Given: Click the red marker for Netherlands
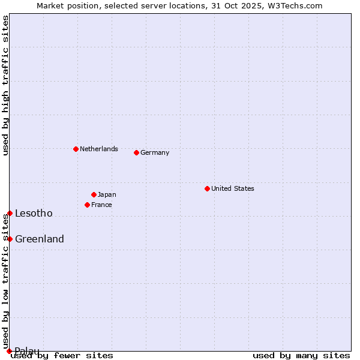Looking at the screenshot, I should click(76, 149).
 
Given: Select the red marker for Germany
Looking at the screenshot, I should click(136, 152).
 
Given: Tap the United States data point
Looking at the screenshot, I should click(207, 188).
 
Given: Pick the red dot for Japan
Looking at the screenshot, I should click(94, 194).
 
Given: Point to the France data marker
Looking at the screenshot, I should click(87, 205).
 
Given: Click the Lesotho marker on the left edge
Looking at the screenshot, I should click(10, 213).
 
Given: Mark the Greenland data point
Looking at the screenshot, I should click(10, 239).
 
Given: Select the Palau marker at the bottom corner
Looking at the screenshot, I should click(9, 351).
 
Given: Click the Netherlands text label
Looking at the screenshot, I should click(99, 149).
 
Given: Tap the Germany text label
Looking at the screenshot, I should click(155, 152).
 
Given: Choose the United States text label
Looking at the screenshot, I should click(233, 188).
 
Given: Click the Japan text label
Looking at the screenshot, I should click(107, 194).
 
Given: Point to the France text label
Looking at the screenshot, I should click(101, 205).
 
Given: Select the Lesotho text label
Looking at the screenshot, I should click(34, 213).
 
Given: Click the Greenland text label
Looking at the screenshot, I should click(40, 239).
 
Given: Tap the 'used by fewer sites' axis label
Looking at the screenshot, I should click(62, 355).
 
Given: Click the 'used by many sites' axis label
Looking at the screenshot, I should click(301, 355).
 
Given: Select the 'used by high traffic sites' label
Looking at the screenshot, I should click(5, 85).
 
